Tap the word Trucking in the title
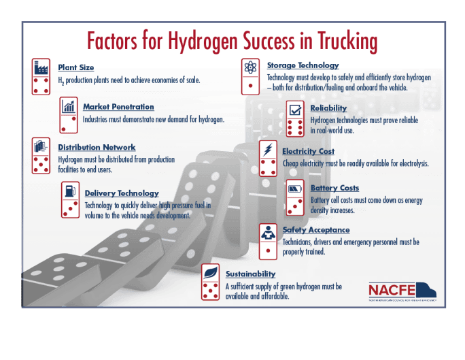(343, 43)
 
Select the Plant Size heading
(76, 67)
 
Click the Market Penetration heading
(118, 107)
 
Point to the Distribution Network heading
(97, 147)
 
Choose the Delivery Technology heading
(122, 193)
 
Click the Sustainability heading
(250, 274)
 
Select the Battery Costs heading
(334, 188)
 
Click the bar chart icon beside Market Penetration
(69, 106)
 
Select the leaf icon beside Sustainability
(211, 272)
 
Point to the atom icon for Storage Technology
(250, 67)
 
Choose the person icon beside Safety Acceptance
(269, 231)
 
